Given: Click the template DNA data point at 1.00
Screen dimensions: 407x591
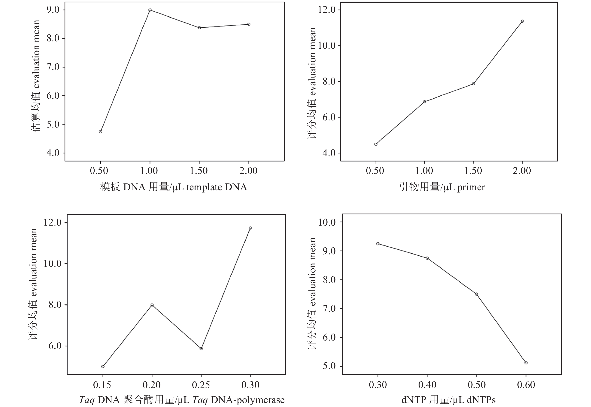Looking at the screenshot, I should click(x=150, y=10).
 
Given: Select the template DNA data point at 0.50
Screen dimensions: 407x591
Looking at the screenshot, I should click(x=101, y=132).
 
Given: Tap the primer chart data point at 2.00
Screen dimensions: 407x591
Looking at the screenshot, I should click(x=522, y=21).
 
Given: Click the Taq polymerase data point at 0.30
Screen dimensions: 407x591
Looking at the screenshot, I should click(x=250, y=228).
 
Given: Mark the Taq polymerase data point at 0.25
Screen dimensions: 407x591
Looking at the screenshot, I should click(x=201, y=349).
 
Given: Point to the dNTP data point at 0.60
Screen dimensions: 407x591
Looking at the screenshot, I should click(x=526, y=363).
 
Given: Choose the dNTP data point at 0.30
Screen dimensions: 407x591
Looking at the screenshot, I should click(x=378, y=244).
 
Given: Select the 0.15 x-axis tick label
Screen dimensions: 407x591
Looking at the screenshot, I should click(x=102, y=385).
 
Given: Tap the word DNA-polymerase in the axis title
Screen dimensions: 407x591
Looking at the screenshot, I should click(x=248, y=400).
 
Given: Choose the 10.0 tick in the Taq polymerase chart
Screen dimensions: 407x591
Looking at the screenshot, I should click(x=53, y=264).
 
